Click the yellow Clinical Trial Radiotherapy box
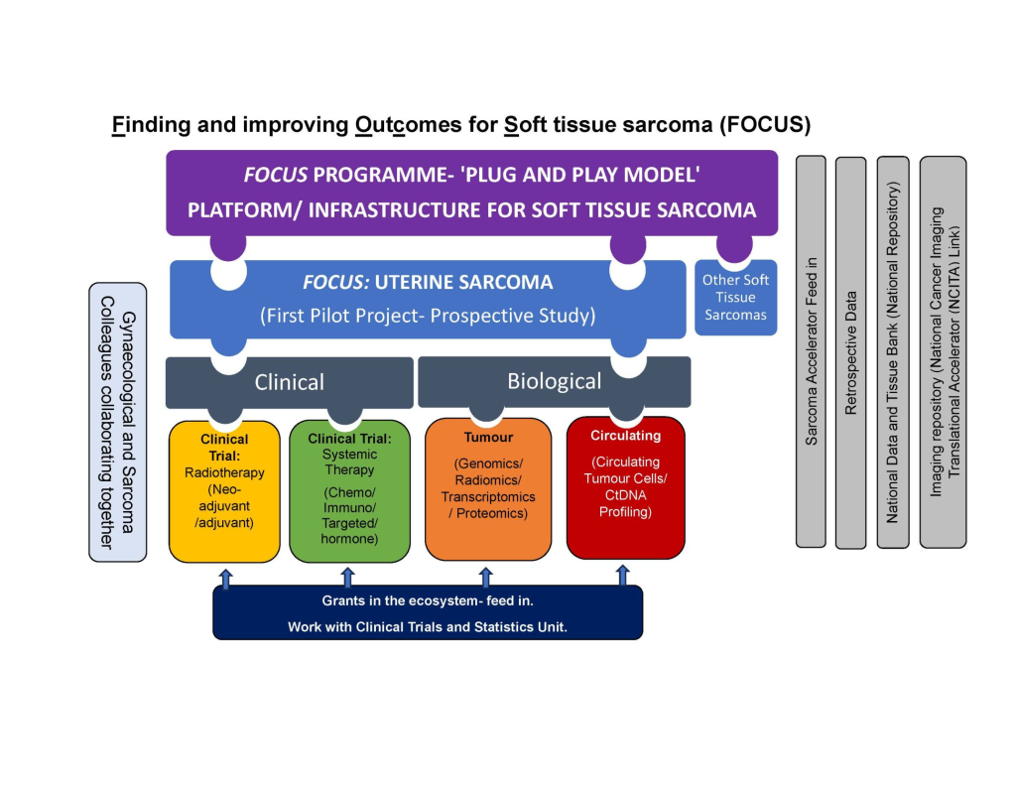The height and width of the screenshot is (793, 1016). [x=224, y=491]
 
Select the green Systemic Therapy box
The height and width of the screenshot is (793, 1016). [x=349, y=491]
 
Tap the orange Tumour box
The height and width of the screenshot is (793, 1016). [x=488, y=489]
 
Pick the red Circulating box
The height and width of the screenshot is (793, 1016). [x=625, y=487]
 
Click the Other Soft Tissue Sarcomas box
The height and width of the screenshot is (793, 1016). [x=735, y=298]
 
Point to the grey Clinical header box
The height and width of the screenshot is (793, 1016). [x=289, y=382]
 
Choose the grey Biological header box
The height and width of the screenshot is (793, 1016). [x=554, y=381]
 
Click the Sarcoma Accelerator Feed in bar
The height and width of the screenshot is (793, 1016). [x=811, y=351]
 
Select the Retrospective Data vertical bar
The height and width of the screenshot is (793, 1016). [x=850, y=352]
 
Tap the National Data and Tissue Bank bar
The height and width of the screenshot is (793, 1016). [x=893, y=352]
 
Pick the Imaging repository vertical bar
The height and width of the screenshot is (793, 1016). [x=943, y=352]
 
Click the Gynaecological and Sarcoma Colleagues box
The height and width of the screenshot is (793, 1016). [x=117, y=422]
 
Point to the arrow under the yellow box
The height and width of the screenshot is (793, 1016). [x=225, y=579]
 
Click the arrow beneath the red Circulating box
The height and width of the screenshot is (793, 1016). [x=623, y=575]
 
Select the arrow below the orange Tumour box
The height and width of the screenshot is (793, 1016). [x=485, y=577]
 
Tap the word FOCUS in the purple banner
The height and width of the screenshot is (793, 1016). [x=276, y=175]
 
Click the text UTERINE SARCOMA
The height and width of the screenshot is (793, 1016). [x=463, y=282]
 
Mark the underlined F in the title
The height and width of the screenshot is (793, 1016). [x=118, y=124]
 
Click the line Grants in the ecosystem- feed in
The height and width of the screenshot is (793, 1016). [x=428, y=601]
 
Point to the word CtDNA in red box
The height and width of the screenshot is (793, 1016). [x=625, y=495]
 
